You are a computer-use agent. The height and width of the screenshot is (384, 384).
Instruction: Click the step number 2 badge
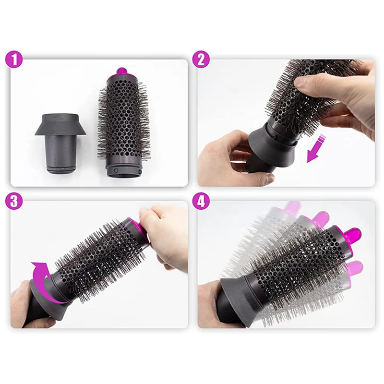[x=201, y=60]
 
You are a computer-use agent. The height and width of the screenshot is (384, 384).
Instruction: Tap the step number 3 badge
[x=14, y=201]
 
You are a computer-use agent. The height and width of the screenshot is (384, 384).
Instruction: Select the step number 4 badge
[x=201, y=201]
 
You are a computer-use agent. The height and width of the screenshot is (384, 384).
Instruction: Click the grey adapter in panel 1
[x=60, y=142]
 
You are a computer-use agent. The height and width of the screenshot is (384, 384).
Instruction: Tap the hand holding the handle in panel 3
[x=22, y=307]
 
